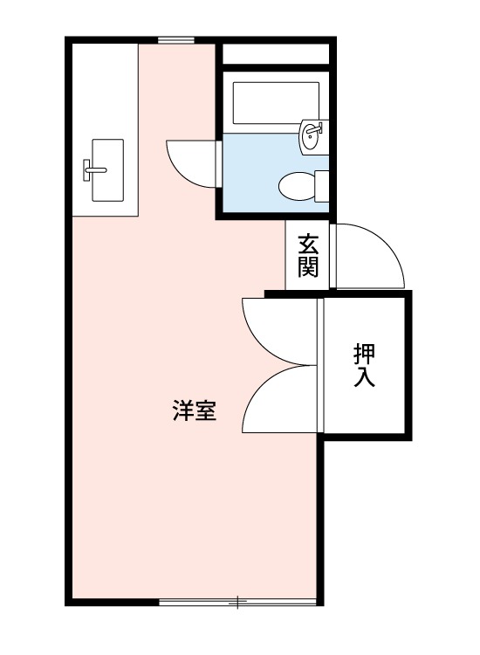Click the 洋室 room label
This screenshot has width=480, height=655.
194,410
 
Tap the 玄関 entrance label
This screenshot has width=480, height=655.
307,254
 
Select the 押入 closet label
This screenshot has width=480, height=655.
366,366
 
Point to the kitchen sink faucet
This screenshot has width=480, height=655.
92,165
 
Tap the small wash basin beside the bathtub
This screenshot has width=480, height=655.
312,134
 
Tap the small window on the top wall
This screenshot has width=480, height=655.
176,40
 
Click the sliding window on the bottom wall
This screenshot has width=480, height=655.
237,602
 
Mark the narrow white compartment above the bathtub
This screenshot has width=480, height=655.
275,54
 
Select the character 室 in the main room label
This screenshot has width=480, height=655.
205,410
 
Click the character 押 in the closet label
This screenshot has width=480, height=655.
366,354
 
